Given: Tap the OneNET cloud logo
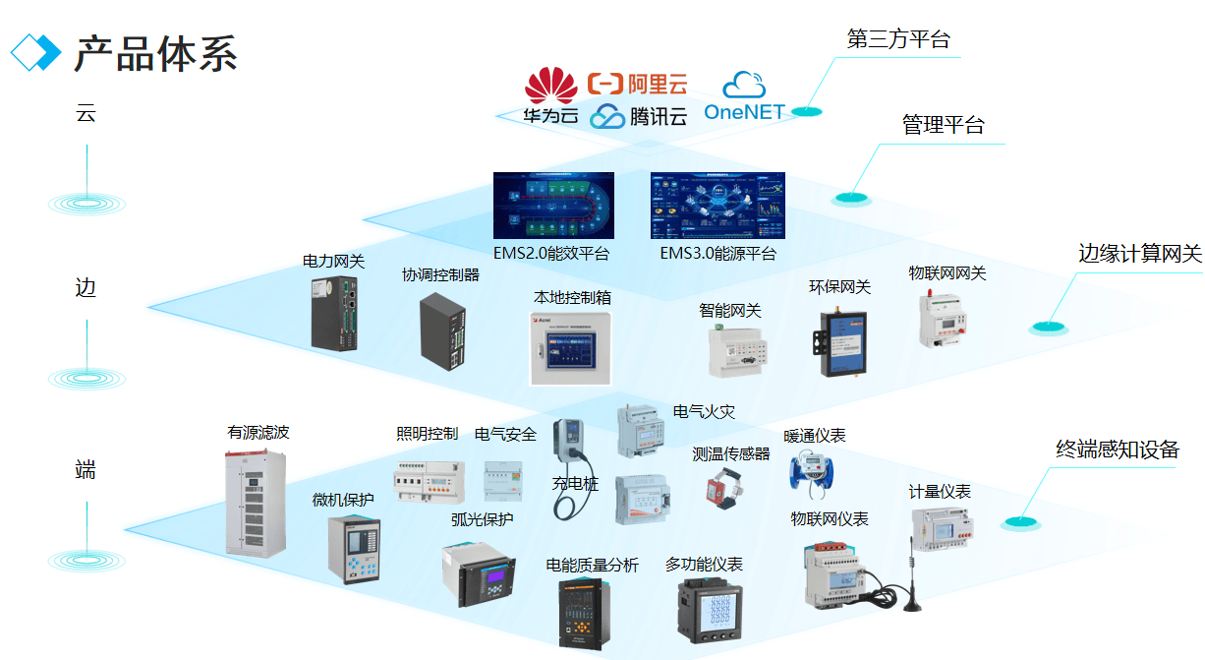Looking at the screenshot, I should pyautogui.click(x=744, y=96).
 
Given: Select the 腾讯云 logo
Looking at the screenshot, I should pyautogui.click(x=639, y=117).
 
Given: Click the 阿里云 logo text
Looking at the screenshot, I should pyautogui.click(x=637, y=85).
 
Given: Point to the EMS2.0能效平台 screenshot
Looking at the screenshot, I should pyautogui.click(x=553, y=206).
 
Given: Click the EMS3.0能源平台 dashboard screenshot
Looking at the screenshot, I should pyautogui.click(x=717, y=206).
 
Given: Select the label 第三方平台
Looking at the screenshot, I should pyautogui.click(x=898, y=39).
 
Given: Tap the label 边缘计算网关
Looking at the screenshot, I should pyautogui.click(x=1140, y=254).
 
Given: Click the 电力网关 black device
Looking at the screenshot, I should pyautogui.click(x=334, y=313).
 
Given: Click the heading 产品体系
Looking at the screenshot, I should pyautogui.click(x=156, y=53).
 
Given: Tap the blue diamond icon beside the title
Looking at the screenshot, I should pyautogui.click(x=35, y=52).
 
